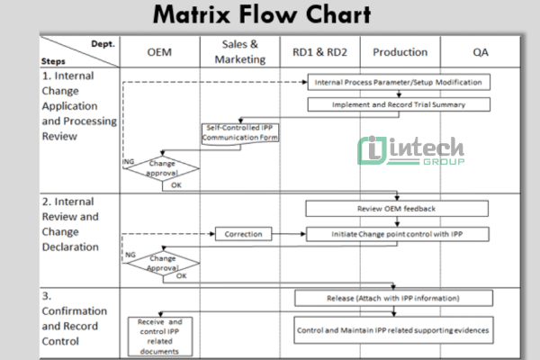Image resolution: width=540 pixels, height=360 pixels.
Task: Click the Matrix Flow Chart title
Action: tap(260, 15)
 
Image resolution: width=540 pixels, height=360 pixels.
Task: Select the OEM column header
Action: tap(159, 52)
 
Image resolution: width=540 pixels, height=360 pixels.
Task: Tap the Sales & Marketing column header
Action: tap(241, 52)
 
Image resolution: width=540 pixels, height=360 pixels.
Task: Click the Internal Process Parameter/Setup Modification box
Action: tap(399, 82)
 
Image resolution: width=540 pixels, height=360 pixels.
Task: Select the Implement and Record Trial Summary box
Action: tap(399, 104)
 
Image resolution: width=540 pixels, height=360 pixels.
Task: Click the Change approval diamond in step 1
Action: tap(162, 168)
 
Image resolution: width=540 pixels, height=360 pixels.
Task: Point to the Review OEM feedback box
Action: tap(398, 210)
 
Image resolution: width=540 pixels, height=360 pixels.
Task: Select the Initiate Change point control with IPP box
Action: tap(398, 234)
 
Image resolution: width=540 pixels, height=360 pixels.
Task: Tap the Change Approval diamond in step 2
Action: tap(162, 263)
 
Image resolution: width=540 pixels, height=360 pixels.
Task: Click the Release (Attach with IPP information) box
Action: tap(394, 298)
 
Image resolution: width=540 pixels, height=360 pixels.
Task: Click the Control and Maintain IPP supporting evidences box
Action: tap(394, 330)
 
